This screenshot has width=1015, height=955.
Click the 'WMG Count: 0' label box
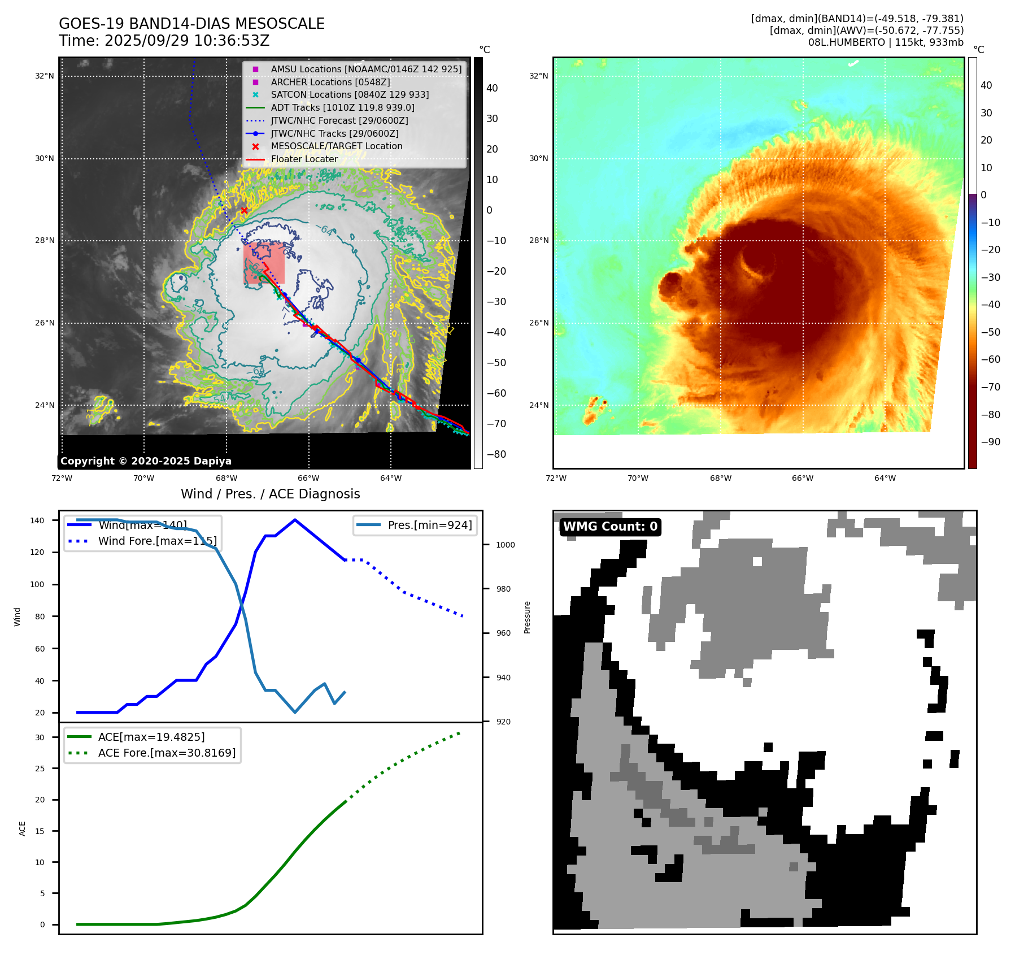(610, 527)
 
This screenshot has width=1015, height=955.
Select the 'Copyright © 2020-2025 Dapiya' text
(146, 461)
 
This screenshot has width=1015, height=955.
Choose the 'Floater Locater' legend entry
(304, 159)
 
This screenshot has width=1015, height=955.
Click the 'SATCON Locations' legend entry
(350, 95)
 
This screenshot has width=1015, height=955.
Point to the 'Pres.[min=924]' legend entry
(429, 525)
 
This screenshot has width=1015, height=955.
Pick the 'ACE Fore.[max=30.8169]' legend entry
(167, 753)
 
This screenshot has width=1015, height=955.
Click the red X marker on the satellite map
(244, 210)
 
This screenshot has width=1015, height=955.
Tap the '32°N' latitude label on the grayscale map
(45, 76)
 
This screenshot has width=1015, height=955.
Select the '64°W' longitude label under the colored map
(885, 479)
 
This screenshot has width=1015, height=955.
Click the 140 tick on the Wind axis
(37, 520)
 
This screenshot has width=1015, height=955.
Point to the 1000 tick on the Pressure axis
(505, 545)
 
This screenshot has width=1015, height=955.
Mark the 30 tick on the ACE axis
(40, 737)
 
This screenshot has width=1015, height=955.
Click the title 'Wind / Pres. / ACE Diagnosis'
(270, 494)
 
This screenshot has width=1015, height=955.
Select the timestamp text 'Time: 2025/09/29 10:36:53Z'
(164, 41)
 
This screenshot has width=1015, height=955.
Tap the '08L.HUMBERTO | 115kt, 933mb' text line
(885, 42)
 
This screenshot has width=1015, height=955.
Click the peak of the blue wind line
(295, 520)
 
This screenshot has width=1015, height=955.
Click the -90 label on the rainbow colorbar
(990, 442)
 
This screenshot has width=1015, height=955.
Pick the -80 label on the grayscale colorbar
(496, 454)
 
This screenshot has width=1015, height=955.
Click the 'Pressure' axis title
(527, 617)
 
